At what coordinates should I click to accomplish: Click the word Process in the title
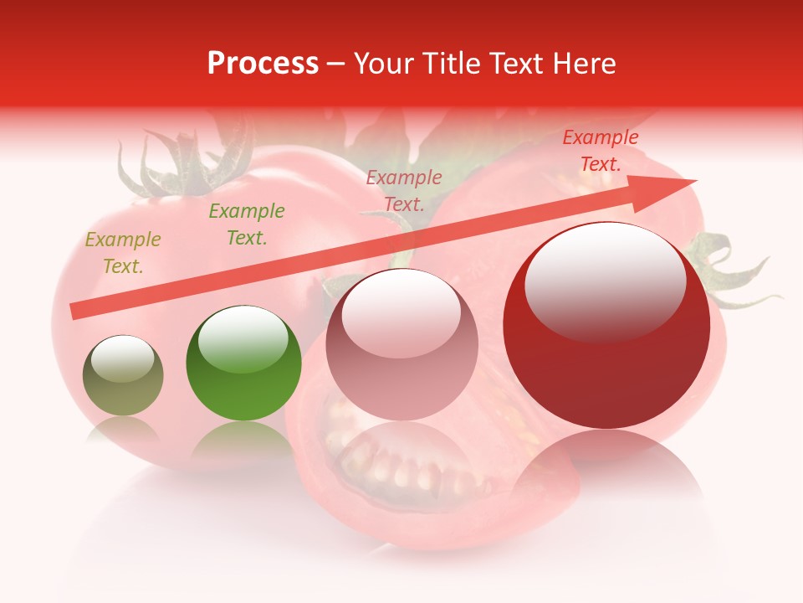point(263,64)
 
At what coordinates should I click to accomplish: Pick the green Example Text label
point(247,224)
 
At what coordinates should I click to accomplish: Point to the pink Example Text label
point(404,191)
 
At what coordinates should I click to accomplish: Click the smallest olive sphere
point(123,377)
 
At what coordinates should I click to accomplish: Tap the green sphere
point(243,364)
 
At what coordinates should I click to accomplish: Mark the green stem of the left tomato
point(180,163)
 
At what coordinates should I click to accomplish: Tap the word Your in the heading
point(381,64)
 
